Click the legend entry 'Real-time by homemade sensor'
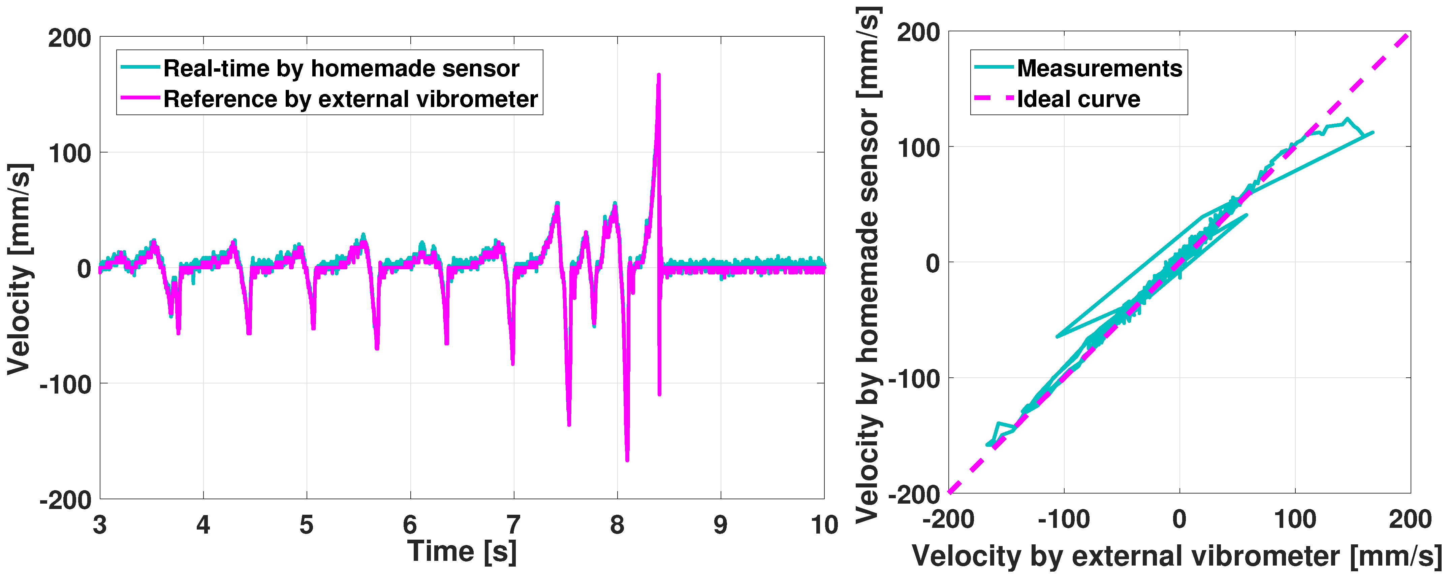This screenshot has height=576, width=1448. pyautogui.click(x=341, y=69)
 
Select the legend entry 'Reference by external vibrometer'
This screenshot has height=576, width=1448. pyautogui.click(x=350, y=99)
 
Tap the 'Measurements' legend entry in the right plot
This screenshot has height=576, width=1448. pyautogui.click(x=1099, y=69)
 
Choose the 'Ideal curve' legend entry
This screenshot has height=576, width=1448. pyautogui.click(x=1078, y=99)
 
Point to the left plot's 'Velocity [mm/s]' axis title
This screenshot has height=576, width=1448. pyautogui.click(x=19, y=269)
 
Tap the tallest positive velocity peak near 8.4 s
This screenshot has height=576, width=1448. pyautogui.click(x=659, y=75)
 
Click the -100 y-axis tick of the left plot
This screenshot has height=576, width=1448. pyautogui.click(x=65, y=385)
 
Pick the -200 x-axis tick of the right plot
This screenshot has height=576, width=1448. pyautogui.click(x=948, y=519)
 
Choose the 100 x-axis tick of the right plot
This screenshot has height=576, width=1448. pyautogui.click(x=1295, y=519)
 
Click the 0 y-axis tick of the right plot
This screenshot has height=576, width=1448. pyautogui.click(x=932, y=263)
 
